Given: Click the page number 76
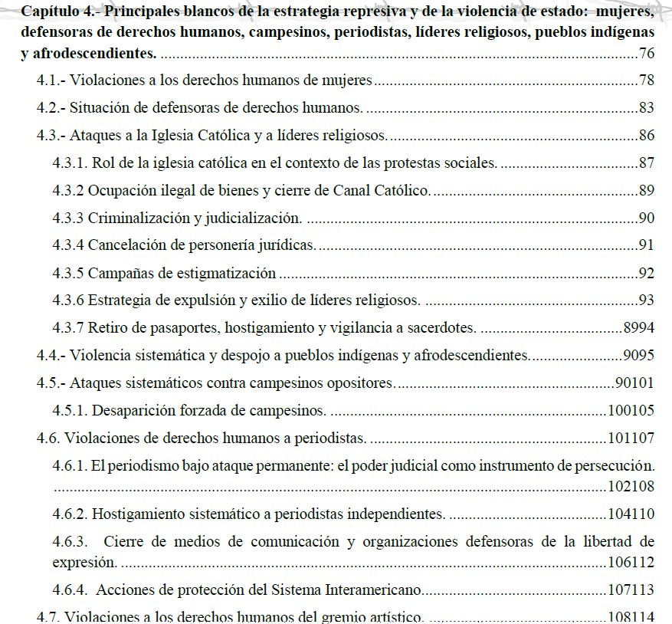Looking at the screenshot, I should tap(646, 53).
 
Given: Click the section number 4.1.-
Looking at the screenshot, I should tap(51, 80).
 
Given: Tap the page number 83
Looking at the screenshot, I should tap(646, 108).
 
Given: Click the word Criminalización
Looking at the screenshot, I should tap(139, 218).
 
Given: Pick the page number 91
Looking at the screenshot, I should tap(646, 245).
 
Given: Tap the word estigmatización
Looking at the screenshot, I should tap(227, 273).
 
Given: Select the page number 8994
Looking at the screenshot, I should tap(638, 328).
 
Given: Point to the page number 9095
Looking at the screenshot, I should tap(638, 355).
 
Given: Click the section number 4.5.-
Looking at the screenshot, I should tap(51, 383).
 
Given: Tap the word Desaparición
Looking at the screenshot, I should tap(134, 410).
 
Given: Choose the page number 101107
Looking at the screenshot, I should tap(630, 438).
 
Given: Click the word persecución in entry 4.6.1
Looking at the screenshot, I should tap(617, 465).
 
